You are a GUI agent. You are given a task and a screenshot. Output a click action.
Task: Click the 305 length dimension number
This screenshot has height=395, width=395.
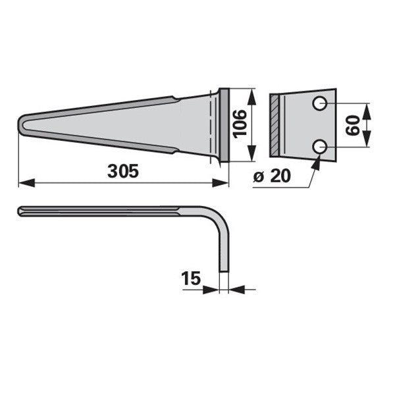[123, 171]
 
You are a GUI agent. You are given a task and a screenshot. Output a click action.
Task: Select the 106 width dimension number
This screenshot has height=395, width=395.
[240, 124]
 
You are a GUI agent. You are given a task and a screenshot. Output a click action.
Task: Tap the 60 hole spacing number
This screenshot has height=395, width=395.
[353, 125]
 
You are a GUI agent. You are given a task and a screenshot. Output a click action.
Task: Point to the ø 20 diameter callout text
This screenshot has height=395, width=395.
[272, 176]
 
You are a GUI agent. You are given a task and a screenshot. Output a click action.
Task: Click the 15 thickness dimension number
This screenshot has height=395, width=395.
[191, 278]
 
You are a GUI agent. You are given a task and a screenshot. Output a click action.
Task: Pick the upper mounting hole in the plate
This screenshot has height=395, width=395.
[320, 103]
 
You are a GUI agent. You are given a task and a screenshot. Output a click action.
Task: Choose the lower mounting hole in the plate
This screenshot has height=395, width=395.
[320, 147]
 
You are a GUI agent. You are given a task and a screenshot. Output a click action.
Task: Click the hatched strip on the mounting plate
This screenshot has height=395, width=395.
[275, 125]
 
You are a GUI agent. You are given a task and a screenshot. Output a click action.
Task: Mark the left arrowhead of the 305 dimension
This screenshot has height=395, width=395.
[27, 183]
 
